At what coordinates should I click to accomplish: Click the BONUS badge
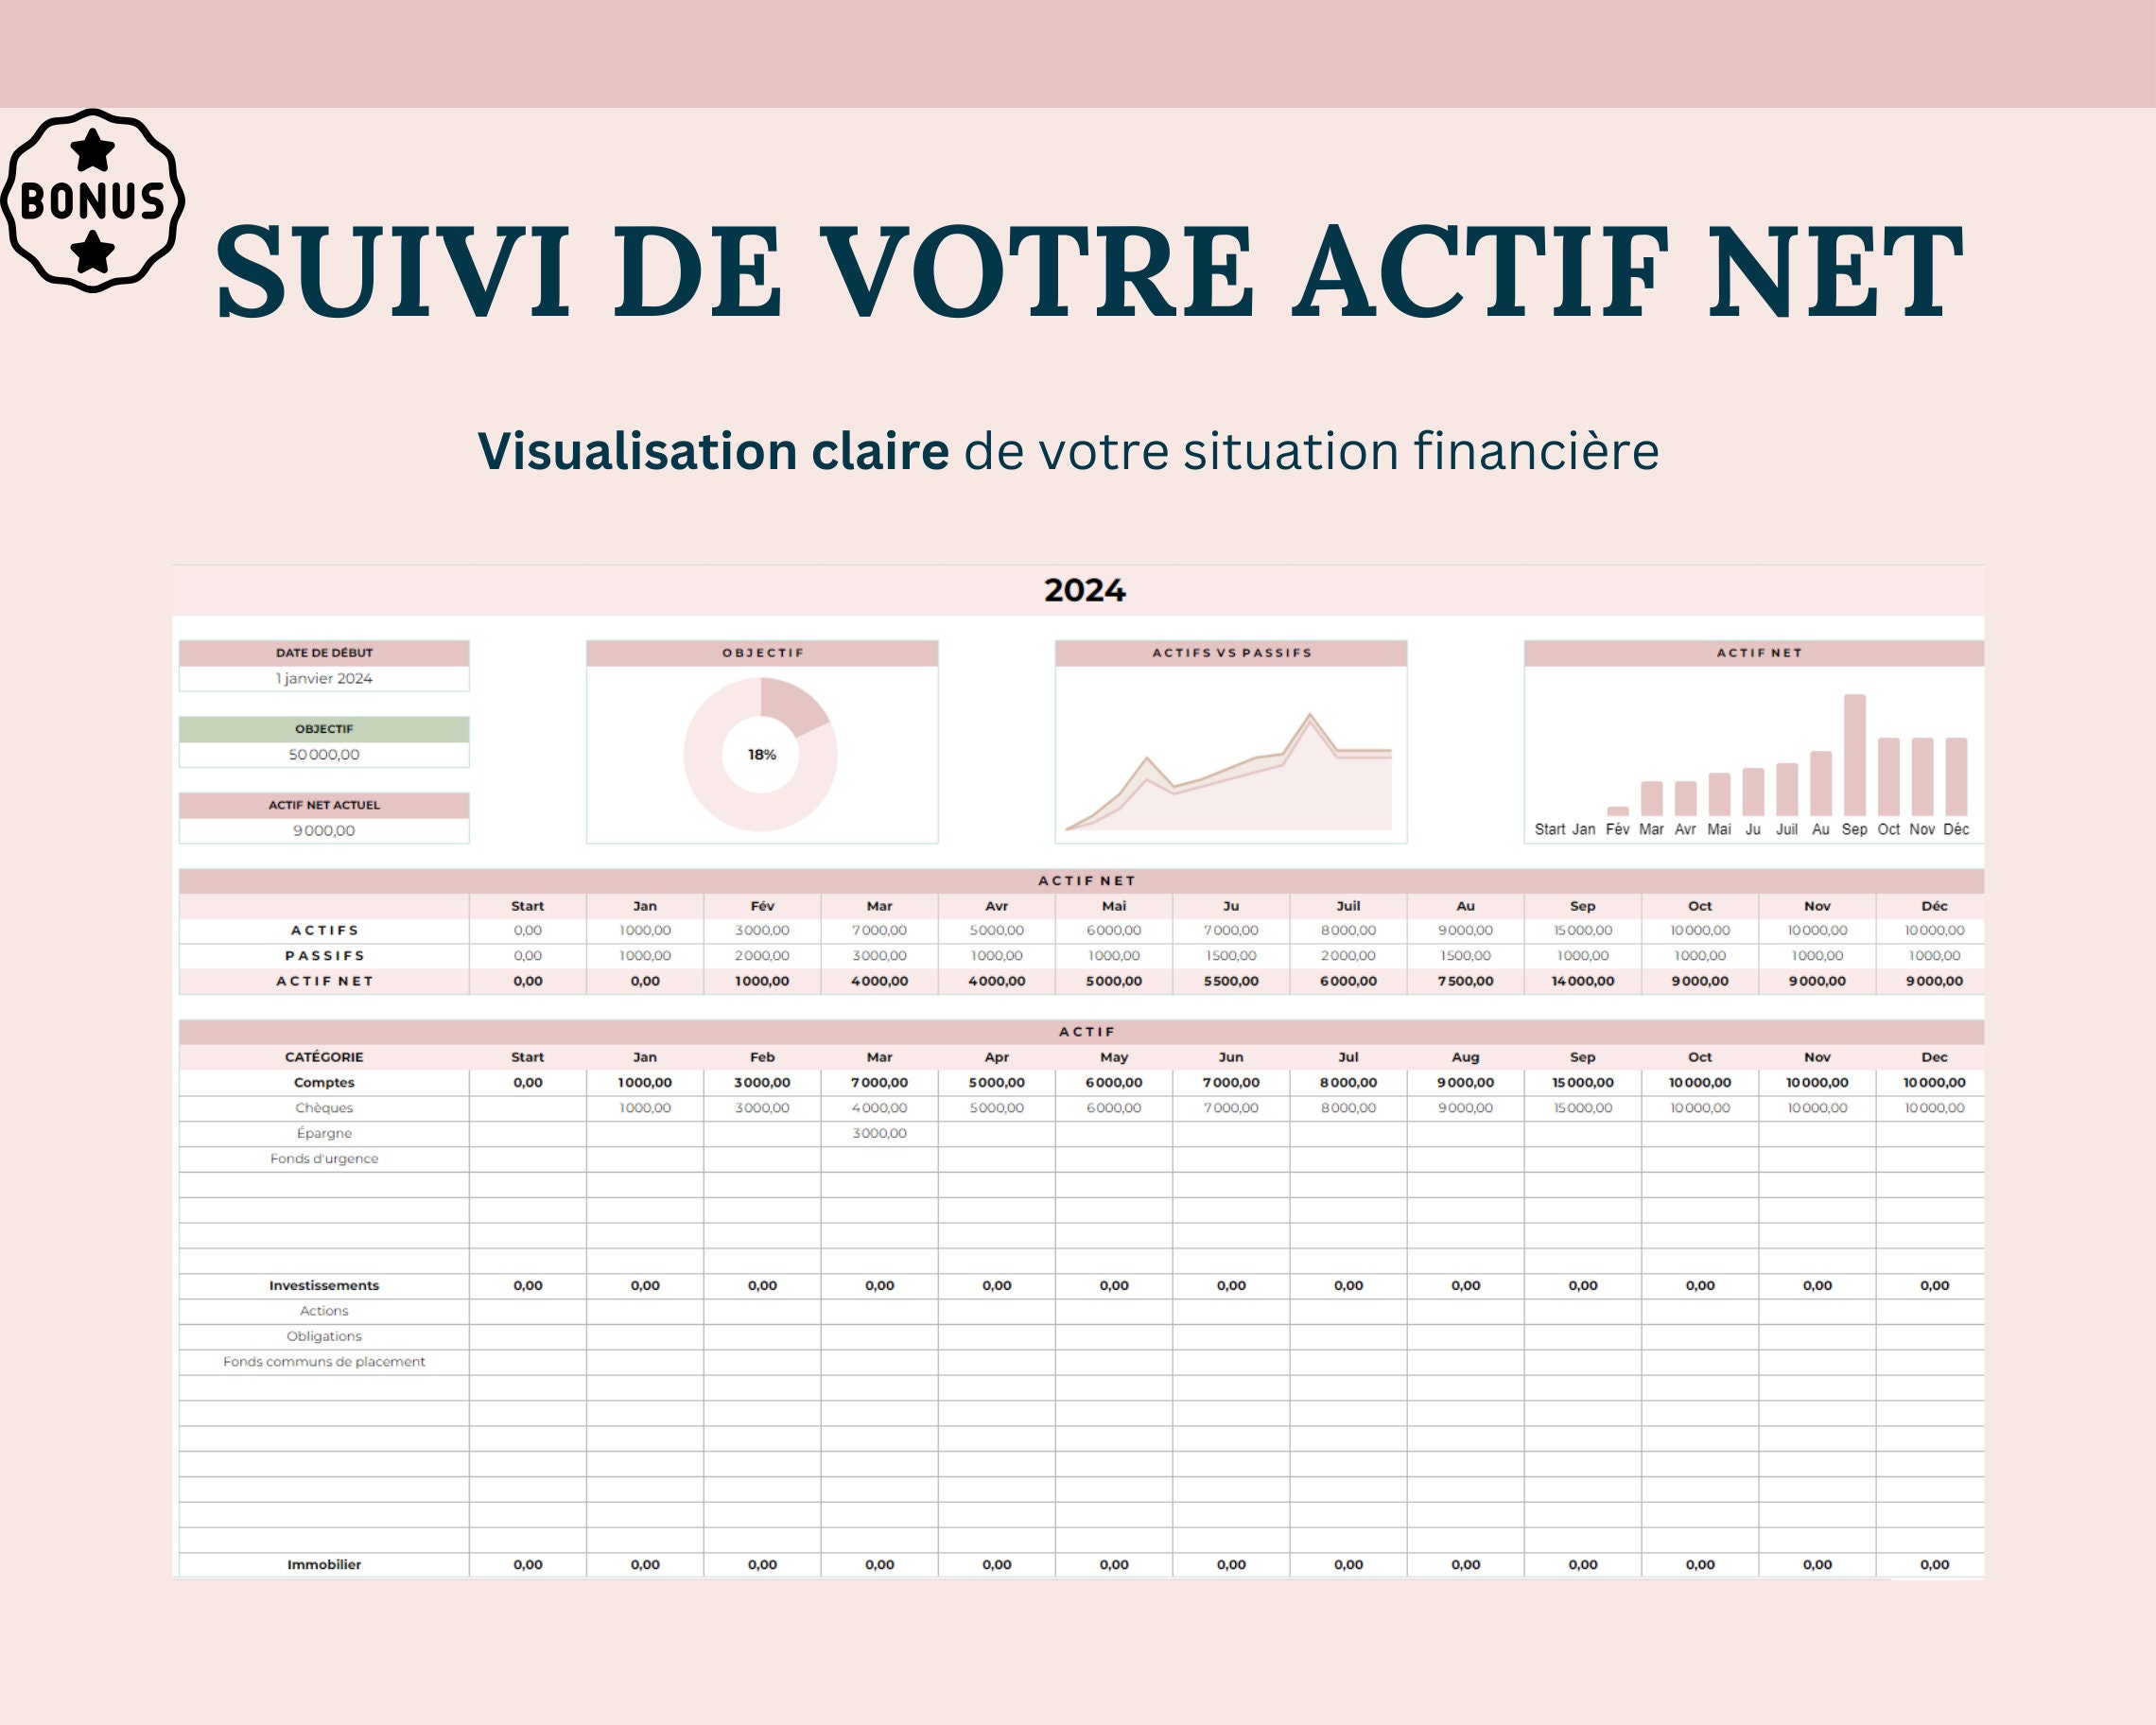pos(93,200)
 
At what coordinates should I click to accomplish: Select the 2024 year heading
pos(1084,591)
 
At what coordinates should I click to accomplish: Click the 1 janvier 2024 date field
pos(324,679)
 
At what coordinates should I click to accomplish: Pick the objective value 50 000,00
pos(324,755)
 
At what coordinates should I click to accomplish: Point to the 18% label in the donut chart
pos(762,755)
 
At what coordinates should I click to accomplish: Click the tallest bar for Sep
pos(1854,755)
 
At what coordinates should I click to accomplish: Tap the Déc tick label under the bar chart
pos(1956,829)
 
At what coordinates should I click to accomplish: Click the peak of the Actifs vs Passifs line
pos(1310,716)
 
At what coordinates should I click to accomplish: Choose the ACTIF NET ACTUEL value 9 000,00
pos(324,831)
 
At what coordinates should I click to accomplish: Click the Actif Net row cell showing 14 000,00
pos(1582,981)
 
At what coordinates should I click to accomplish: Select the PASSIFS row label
pos(324,956)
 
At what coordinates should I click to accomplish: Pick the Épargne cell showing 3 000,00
pos(879,1133)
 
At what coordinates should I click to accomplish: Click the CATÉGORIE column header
pos(324,1057)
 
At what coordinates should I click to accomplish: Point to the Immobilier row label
pos(324,1565)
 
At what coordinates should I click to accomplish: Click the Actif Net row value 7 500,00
pos(1465,981)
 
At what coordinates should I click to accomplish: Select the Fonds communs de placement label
pos(324,1362)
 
